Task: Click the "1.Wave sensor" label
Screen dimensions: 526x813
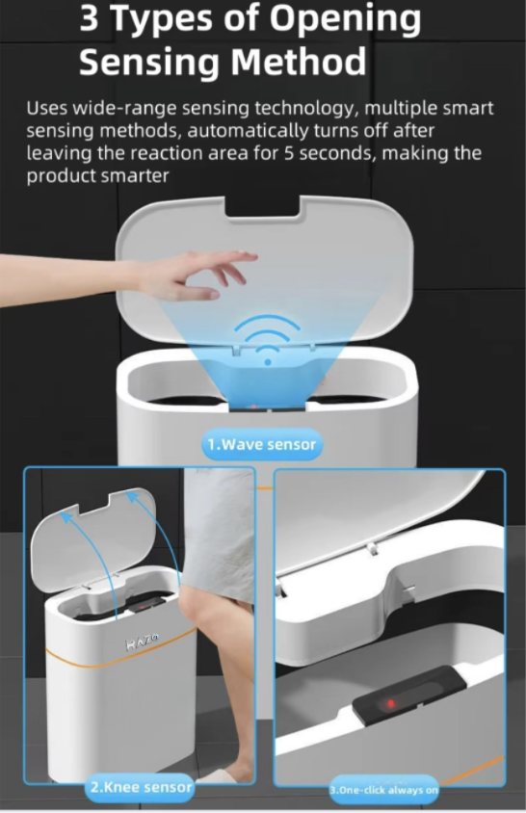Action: [x=262, y=444]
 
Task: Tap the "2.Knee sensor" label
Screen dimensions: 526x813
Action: [x=141, y=787]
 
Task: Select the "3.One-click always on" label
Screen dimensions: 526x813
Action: [x=383, y=790]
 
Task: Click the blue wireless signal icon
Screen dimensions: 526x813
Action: [x=267, y=340]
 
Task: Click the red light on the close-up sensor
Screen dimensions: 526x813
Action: [x=390, y=703]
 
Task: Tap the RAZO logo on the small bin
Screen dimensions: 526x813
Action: [x=142, y=642]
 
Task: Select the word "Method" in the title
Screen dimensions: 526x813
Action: [x=299, y=63]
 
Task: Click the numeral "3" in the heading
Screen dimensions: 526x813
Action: [x=90, y=19]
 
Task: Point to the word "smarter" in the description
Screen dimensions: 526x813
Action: [x=135, y=176]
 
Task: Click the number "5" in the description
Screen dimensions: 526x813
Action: [x=288, y=153]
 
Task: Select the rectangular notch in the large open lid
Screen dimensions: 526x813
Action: [x=263, y=206]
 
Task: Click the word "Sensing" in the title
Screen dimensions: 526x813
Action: [x=150, y=63]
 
